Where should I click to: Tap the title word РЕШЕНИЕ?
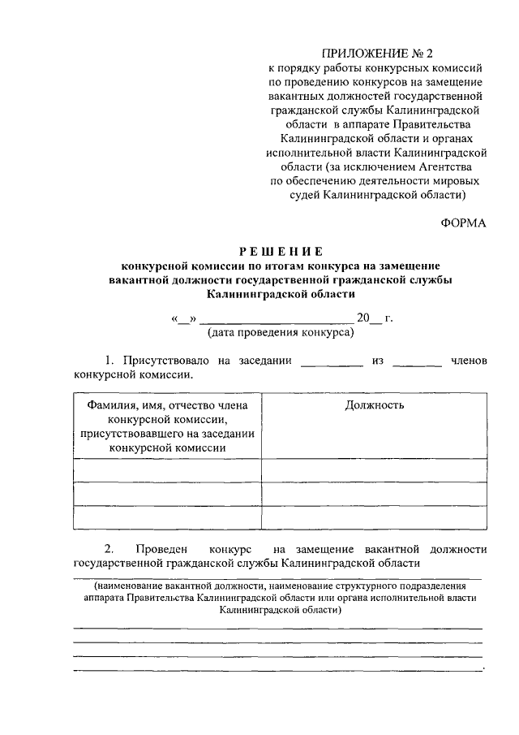click(281, 251)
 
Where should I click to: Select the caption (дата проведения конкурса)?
click(281, 332)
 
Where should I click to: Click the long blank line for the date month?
click(276, 318)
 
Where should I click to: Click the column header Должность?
click(374, 405)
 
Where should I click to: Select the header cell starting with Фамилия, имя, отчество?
click(167, 426)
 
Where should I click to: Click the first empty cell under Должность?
click(374, 470)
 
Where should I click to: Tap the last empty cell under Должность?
click(374, 517)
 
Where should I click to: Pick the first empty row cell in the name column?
click(167, 470)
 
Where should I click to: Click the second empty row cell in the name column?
click(167, 494)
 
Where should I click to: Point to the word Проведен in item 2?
click(163, 549)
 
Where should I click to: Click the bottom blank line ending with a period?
click(277, 670)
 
